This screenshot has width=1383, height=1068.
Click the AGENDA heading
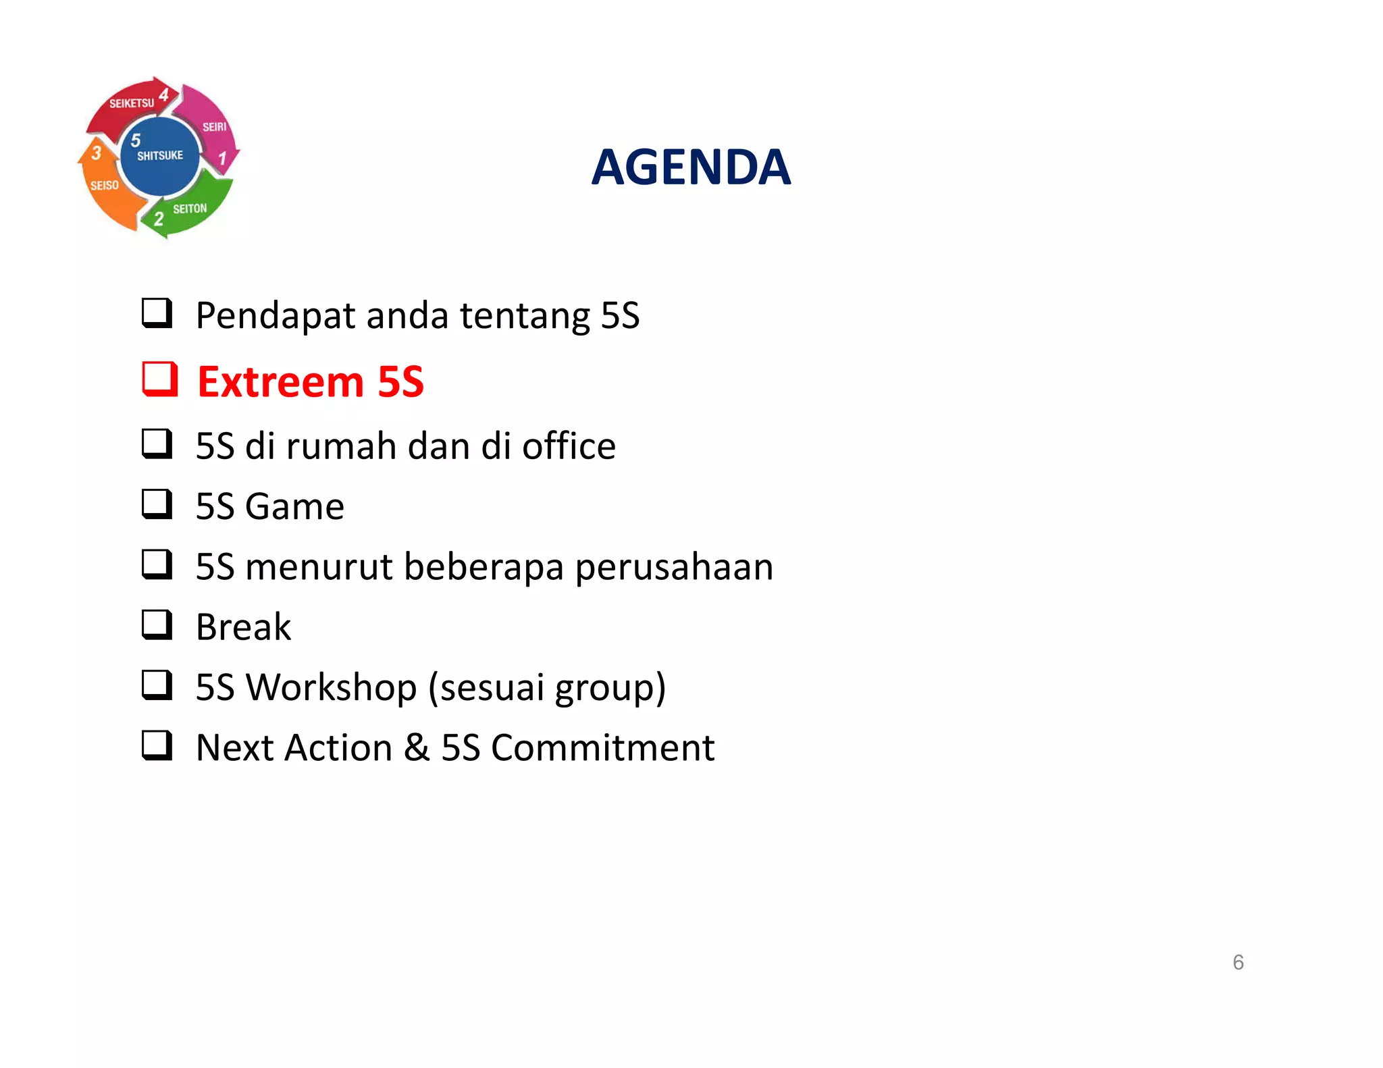click(x=690, y=167)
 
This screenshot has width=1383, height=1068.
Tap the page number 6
click(x=1238, y=962)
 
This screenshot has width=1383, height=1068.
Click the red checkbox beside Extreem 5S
click(x=159, y=379)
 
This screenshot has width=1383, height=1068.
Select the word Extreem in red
click(x=280, y=382)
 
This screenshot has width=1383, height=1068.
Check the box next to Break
click(x=157, y=625)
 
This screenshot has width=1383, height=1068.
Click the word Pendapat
click(x=275, y=316)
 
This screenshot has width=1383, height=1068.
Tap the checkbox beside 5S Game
click(x=157, y=504)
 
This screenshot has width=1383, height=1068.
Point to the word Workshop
click(x=331, y=687)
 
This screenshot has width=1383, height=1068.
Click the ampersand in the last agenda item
click(x=417, y=747)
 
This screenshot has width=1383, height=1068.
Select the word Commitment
click(x=602, y=747)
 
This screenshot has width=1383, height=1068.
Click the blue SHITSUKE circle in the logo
click(x=160, y=156)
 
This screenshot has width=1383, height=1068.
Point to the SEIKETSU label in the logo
click(x=132, y=103)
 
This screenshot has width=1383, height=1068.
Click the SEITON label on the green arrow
click(x=190, y=209)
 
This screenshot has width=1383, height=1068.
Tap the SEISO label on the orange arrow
click(x=105, y=185)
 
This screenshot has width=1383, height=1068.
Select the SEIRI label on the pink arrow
click(x=215, y=127)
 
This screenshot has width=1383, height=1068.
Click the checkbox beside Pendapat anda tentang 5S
click(x=157, y=313)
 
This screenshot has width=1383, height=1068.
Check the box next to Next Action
click(x=157, y=745)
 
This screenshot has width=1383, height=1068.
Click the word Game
click(x=294, y=506)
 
